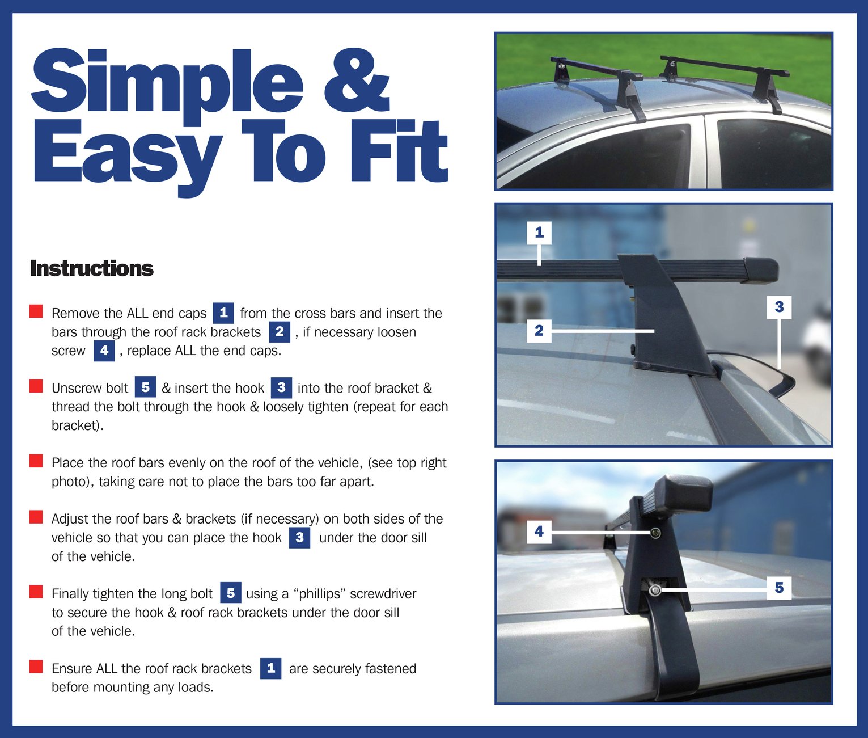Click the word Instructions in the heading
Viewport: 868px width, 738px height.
[x=91, y=268]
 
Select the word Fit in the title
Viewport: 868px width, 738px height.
[x=399, y=151]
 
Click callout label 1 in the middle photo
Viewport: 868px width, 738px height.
[x=539, y=232]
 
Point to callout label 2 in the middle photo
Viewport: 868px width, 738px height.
[x=539, y=330]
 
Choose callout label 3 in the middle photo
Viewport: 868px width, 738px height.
[x=779, y=307]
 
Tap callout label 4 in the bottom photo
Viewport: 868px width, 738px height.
[x=539, y=532]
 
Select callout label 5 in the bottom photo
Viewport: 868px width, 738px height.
[x=779, y=587]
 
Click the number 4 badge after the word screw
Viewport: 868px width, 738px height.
[x=104, y=351]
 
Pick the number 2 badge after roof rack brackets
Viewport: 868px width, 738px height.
[x=280, y=332]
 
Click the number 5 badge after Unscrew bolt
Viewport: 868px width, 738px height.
[x=145, y=387]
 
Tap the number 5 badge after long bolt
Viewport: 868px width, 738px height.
[x=230, y=593]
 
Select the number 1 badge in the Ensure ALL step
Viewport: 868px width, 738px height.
[x=270, y=668]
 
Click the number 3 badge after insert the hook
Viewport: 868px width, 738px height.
[x=281, y=387]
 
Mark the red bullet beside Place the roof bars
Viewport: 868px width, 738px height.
[x=36, y=461]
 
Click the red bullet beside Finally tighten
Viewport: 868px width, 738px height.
[x=36, y=592]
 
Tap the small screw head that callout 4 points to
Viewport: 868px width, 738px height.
[x=655, y=533]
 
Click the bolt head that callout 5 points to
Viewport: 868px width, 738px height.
[x=655, y=591]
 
